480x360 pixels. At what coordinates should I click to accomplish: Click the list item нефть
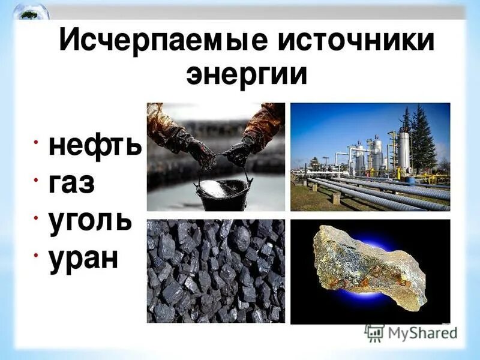click(94, 146)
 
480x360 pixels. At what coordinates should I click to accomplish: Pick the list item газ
click(71, 182)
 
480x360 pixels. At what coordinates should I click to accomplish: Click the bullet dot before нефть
click(37, 142)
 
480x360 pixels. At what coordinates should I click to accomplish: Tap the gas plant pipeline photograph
click(370, 157)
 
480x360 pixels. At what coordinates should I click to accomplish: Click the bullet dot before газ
click(37, 179)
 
